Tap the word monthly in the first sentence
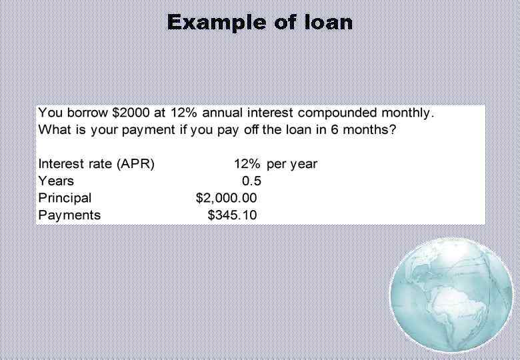click(x=407, y=113)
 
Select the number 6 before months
click(x=335, y=129)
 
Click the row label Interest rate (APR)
click(x=96, y=164)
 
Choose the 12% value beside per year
click(x=247, y=164)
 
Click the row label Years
click(x=56, y=181)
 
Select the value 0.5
click(x=251, y=181)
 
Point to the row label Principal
click(x=65, y=198)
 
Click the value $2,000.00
click(x=226, y=198)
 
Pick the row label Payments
click(x=69, y=215)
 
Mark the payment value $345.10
click(x=232, y=215)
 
